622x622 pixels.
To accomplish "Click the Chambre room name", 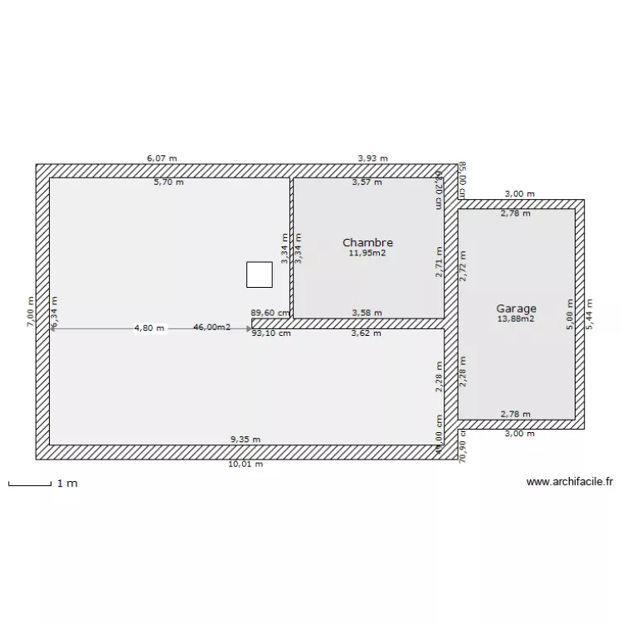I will (367, 243).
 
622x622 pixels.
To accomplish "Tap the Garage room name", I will (516, 308).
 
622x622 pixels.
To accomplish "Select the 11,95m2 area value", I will (367, 253).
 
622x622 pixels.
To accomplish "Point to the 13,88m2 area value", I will (516, 318).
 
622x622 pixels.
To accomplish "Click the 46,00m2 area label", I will (211, 328).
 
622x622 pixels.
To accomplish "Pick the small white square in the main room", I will (260, 275).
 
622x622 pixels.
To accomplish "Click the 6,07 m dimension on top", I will (162, 158).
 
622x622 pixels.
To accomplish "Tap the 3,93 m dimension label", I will (373, 158).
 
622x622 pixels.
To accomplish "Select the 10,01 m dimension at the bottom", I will (245, 464).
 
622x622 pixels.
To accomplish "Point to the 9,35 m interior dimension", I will (245, 440).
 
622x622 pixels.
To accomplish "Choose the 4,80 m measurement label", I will (149, 328).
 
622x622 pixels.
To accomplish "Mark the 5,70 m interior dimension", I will (168, 182).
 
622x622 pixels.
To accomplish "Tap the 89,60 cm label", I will (270, 313).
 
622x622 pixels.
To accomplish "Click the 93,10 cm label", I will (271, 333).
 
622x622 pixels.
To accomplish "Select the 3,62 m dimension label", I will (367, 333).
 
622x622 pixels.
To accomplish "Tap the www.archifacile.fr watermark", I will (570, 482).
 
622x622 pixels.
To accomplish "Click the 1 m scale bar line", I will (29, 485).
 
